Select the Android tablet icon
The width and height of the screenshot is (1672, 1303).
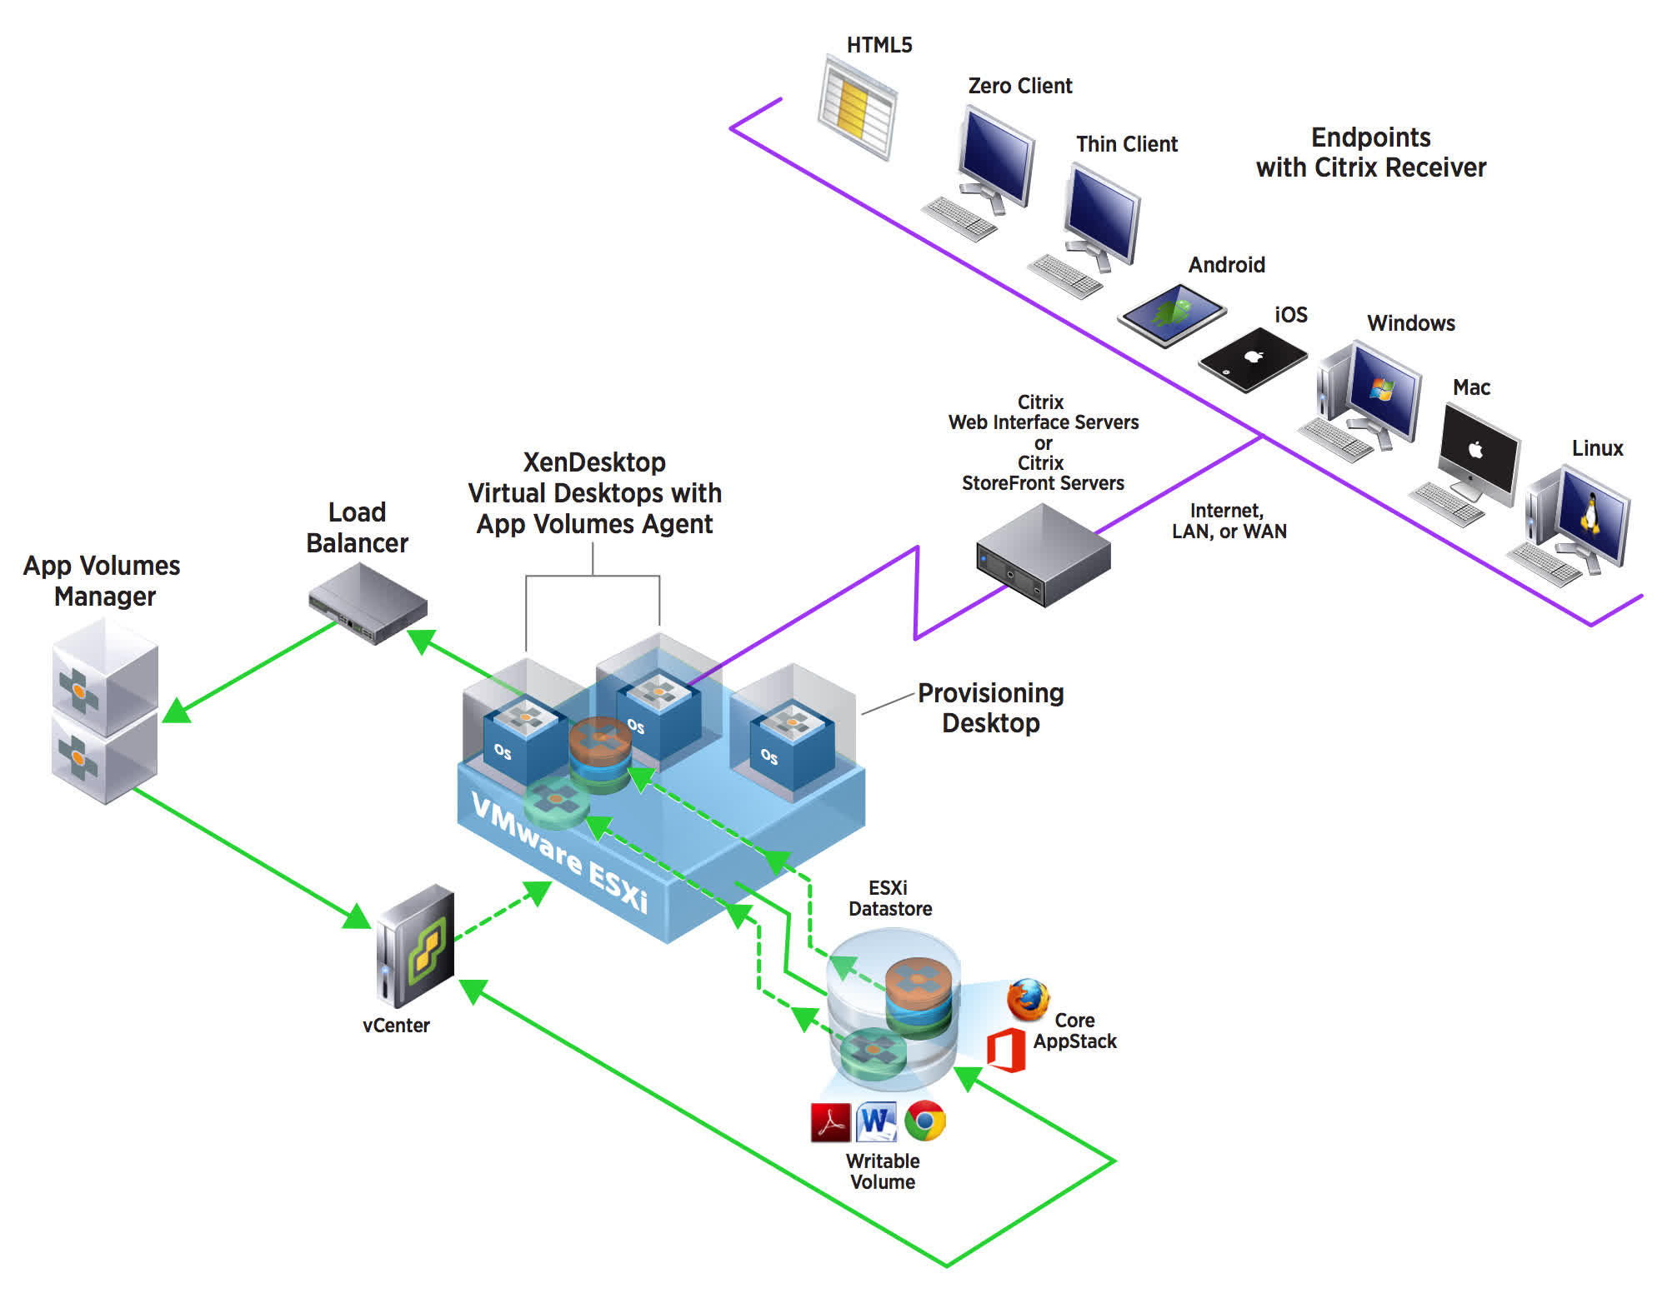[x=1173, y=314]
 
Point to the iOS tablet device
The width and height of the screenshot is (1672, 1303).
[x=1253, y=359]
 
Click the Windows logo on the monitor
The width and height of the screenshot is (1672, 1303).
[x=1382, y=388]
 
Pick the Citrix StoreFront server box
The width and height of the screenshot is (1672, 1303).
[x=1043, y=557]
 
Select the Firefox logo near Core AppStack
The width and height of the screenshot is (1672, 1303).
[x=1028, y=999]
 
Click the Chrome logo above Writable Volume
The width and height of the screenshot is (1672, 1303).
[x=925, y=1121]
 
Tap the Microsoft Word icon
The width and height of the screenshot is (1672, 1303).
[x=876, y=1121]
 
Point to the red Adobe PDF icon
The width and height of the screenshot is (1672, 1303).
[x=830, y=1122]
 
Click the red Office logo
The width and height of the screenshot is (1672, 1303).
[x=1005, y=1051]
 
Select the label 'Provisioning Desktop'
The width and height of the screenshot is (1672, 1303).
[x=990, y=708]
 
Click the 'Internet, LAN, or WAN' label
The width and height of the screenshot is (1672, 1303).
[x=1229, y=522]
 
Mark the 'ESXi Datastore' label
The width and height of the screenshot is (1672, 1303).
[x=889, y=898]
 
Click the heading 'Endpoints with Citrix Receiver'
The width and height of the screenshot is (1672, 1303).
[x=1370, y=152]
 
